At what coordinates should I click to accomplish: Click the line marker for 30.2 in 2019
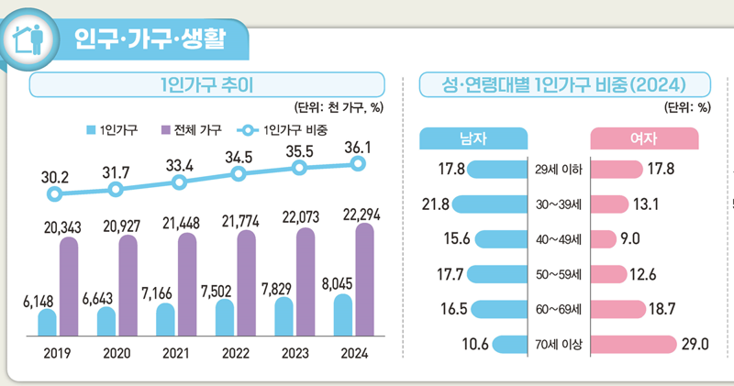56,194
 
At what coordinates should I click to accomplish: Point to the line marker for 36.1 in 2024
359,164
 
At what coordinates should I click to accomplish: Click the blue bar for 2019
47,322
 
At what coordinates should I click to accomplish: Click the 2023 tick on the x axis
296,352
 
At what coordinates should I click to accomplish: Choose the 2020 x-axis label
116,352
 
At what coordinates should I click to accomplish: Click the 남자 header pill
473,138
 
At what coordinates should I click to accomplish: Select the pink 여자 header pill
643,138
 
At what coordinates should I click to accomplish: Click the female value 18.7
664,309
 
